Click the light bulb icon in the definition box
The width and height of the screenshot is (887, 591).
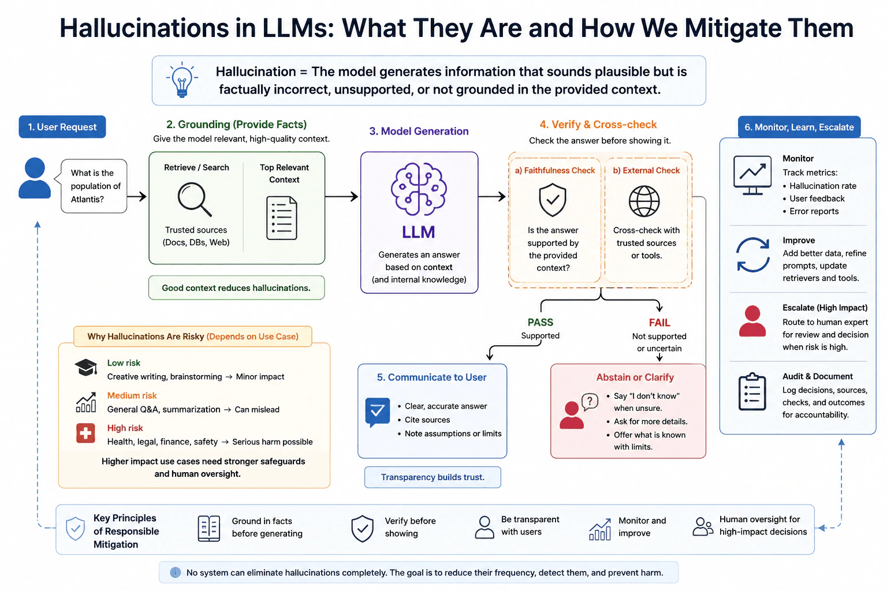tap(182, 80)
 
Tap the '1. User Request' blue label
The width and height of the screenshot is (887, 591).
tap(62, 126)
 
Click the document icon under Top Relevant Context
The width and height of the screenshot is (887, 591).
tap(282, 218)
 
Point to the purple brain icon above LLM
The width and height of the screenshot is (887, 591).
tap(419, 189)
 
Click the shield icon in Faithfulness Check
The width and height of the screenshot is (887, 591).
tap(553, 200)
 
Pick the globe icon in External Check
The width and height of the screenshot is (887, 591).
tap(644, 201)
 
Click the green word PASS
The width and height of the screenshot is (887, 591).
tap(540, 322)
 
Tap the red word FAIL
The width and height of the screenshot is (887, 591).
tap(659, 323)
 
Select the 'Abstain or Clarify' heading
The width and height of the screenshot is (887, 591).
tap(635, 377)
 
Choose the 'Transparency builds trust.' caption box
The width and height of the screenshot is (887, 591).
tap(433, 477)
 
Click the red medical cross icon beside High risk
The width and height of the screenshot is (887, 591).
tap(85, 433)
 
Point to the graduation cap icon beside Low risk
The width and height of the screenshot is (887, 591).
tap(86, 367)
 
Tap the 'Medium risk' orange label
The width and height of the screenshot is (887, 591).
tap(132, 395)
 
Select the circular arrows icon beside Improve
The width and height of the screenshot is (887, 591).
tap(753, 255)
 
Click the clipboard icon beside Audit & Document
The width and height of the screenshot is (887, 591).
tap(752, 391)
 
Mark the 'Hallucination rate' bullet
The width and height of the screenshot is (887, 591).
tap(819, 186)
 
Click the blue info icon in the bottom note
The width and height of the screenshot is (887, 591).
tap(175, 573)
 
